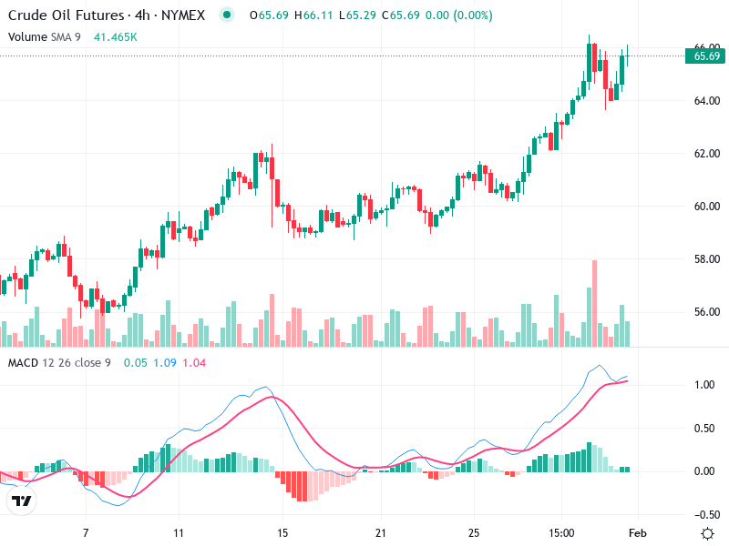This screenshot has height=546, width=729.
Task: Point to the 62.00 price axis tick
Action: pos(707,153)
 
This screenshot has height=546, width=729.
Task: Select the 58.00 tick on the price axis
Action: pos(707,259)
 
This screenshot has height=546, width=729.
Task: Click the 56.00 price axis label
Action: pos(707,312)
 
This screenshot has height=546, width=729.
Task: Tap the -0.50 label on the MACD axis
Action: pos(703,514)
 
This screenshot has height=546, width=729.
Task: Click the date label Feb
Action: pos(638,532)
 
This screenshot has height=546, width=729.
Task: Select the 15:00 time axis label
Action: pos(561,532)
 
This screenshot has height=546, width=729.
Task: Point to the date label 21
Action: pos(382,532)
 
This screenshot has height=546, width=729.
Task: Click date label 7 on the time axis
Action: pos(86,532)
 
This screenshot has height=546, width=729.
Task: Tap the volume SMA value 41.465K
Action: pos(116,36)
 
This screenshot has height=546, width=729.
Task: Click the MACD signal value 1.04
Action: pos(194,363)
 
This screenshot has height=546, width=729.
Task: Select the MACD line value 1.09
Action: pos(165,363)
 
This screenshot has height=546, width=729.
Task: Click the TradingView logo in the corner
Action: pos(21,501)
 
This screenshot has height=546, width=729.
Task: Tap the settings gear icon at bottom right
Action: pos(707,532)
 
